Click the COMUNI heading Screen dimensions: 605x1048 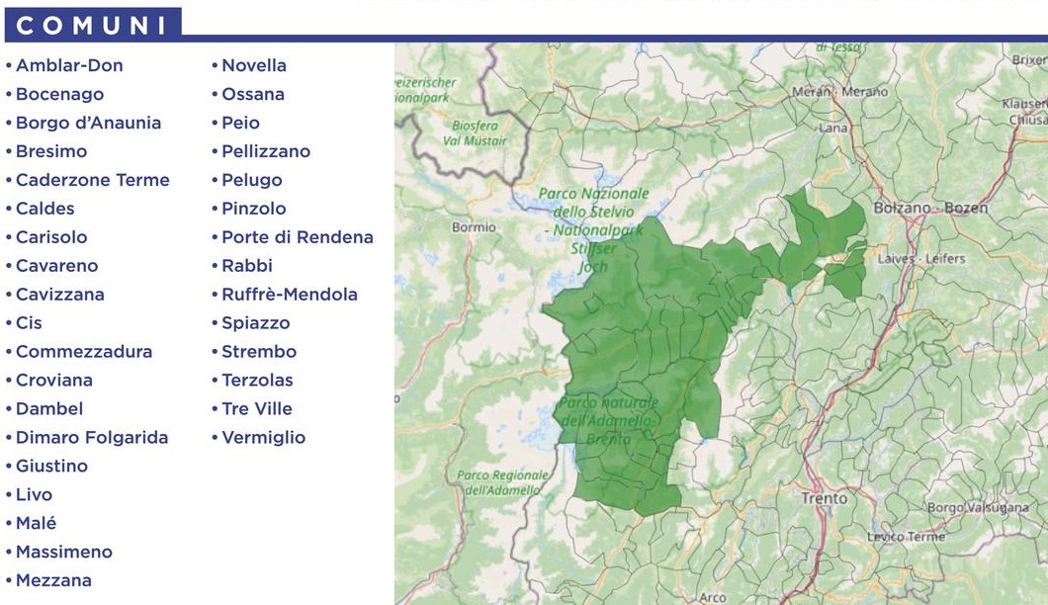point(92,26)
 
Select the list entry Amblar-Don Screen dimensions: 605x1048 point(69,66)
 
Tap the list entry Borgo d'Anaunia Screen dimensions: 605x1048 point(88,124)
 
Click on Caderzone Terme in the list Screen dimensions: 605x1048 point(92,180)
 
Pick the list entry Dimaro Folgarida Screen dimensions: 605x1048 point(92,437)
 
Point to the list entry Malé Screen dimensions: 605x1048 point(36,523)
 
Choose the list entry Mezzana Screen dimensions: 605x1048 point(53,580)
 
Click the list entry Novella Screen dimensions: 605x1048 point(253,66)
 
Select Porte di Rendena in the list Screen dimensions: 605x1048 point(297,237)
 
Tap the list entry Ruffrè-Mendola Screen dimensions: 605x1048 point(289,295)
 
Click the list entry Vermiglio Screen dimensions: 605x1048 point(263,437)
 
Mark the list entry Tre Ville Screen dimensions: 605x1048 point(256,408)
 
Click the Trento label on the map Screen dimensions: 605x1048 point(824,499)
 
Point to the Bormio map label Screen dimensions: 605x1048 point(473,227)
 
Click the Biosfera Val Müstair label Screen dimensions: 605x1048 point(479,133)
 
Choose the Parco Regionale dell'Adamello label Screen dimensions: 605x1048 point(501,482)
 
